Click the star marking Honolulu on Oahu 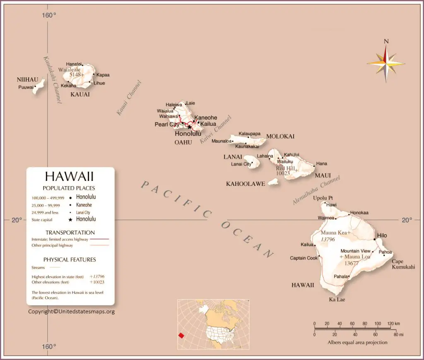(x=190, y=127)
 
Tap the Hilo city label (x=381, y=235)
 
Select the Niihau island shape (x=39, y=87)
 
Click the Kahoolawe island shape (x=273, y=181)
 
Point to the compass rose (x=385, y=63)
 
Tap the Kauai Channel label (x=129, y=98)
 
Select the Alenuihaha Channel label (x=316, y=190)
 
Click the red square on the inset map (x=181, y=335)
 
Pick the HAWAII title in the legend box (x=70, y=177)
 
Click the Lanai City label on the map (x=241, y=164)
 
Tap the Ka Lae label (x=337, y=299)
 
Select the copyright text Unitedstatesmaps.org (x=71, y=312)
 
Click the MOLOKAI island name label (x=280, y=136)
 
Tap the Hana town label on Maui (x=321, y=163)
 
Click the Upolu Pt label (x=323, y=198)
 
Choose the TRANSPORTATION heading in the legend (x=70, y=233)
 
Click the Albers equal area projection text (x=357, y=342)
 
